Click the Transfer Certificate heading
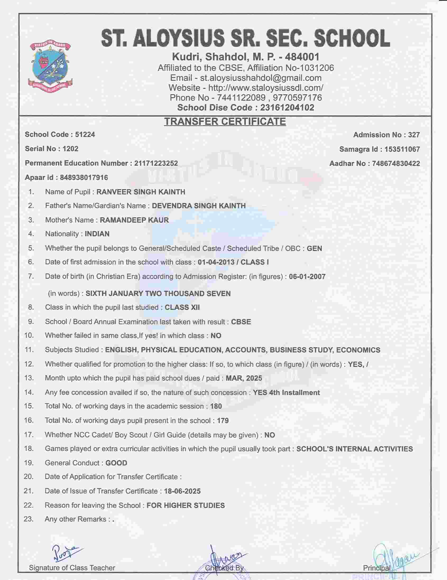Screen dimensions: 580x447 (225, 121)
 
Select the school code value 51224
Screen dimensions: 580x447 (85, 134)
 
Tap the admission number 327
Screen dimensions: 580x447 (414, 135)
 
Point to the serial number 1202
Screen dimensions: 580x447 (70, 149)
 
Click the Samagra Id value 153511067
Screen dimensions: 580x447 (402, 149)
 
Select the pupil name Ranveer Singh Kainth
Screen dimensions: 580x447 (141, 192)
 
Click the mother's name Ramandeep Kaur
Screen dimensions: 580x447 (134, 220)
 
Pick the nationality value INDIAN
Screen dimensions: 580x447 (97, 234)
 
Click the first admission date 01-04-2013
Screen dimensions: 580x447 (216, 262)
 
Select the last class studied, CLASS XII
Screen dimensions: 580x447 (182, 307)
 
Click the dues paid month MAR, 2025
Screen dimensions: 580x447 (244, 378)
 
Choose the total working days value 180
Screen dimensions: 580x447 (216, 406)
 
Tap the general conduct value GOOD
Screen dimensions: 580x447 (116, 463)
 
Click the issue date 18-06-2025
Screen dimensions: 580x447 (182, 491)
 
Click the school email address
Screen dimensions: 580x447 (261, 78)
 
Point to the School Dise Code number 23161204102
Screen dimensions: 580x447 (287, 107)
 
